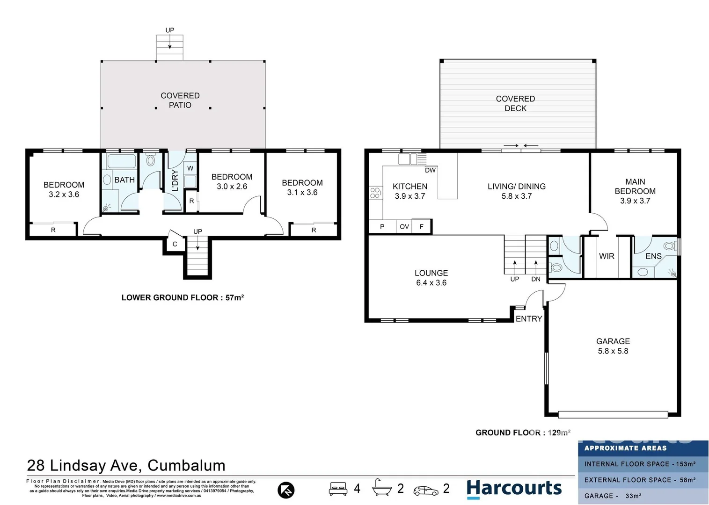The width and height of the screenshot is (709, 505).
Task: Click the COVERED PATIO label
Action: pos(180,100)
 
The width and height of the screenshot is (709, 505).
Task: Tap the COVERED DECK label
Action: pos(515,103)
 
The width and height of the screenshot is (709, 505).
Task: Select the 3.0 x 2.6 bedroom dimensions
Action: pos(232,187)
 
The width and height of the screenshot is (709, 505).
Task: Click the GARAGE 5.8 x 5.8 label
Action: pos(613,346)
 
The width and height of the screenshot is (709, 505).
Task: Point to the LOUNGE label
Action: pos(431,273)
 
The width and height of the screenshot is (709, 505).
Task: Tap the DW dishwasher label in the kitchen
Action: pos(430,170)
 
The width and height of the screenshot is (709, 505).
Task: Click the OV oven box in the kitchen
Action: pos(404,227)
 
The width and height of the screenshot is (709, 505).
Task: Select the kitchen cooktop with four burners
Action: pos(375,193)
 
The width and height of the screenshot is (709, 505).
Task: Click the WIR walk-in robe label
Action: pos(607,256)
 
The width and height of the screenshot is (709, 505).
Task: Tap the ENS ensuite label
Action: pos(653,256)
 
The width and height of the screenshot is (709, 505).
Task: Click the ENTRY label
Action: pos(529,319)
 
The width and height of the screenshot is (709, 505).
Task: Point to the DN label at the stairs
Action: pos(536,279)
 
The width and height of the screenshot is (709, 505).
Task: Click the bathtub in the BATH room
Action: pos(122,161)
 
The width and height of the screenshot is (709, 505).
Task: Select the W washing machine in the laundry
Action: pos(190,168)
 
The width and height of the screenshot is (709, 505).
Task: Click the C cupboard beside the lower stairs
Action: pos(175,244)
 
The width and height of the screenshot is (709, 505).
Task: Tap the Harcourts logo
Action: pos(514,489)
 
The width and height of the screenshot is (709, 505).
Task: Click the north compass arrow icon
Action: pos(286,490)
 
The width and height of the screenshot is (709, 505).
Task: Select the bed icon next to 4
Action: pos(338,489)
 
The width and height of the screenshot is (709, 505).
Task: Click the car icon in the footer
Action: pos(426,491)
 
